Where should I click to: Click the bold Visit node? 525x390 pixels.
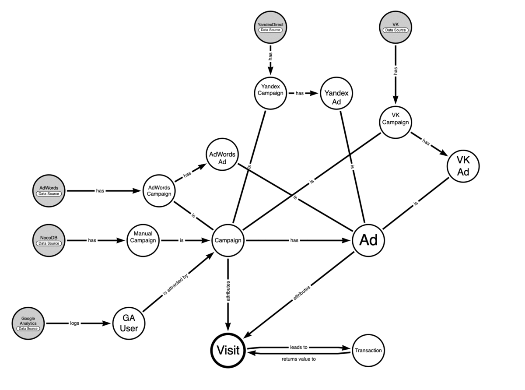coord(228,350)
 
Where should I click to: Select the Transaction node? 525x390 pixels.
coord(368,351)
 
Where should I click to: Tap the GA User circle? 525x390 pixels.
coord(129,323)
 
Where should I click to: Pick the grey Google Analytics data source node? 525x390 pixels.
coord(28,323)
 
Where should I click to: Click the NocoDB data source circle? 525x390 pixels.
coord(49,240)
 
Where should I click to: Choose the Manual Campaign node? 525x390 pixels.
coord(143,240)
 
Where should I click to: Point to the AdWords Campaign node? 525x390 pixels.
coord(159,191)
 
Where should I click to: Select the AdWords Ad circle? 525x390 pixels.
coord(222,155)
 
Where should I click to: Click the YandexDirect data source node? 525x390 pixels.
coord(270,27)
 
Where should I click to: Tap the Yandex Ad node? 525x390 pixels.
coord(336,93)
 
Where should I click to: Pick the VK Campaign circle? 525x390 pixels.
coord(395,122)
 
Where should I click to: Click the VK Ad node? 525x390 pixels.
coord(463,166)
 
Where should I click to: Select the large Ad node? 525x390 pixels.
coord(368,240)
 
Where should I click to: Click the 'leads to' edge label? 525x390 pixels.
coord(299,347)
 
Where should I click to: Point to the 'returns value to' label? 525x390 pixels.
coord(299,359)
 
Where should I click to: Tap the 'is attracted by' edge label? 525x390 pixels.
coord(175,285)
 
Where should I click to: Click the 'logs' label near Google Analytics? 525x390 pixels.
coord(74,323)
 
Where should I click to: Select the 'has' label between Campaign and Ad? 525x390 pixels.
coord(294,240)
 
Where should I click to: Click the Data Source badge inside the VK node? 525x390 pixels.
coord(395,30)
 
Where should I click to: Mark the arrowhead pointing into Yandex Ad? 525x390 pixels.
coord(314,93)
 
